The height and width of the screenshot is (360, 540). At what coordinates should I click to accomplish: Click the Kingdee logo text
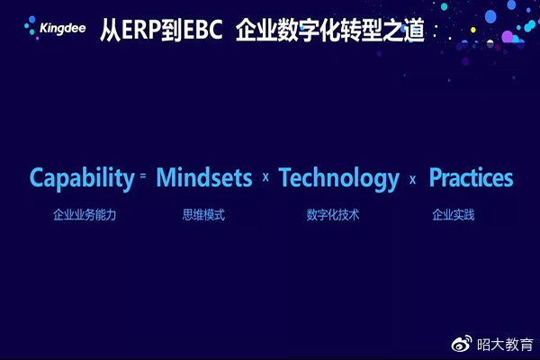pyautogui.click(x=63, y=29)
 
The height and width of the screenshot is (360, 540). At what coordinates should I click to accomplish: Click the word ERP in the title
pyautogui.click(x=141, y=30)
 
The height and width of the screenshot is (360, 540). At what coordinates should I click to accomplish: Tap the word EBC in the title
pyautogui.click(x=202, y=30)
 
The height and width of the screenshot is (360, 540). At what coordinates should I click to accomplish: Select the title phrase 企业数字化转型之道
pyautogui.click(x=330, y=31)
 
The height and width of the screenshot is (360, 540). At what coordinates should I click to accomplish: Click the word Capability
pyautogui.click(x=82, y=178)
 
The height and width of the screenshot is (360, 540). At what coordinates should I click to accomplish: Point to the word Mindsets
pyautogui.click(x=204, y=177)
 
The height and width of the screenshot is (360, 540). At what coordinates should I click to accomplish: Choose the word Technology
pyautogui.click(x=339, y=178)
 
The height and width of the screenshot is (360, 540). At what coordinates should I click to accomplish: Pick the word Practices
pyautogui.click(x=471, y=177)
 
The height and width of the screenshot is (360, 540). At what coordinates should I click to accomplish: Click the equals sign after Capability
pyautogui.click(x=143, y=175)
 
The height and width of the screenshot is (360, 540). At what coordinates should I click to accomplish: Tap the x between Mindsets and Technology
pyautogui.click(x=265, y=177)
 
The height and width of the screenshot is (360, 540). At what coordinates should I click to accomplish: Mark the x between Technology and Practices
pyautogui.click(x=412, y=179)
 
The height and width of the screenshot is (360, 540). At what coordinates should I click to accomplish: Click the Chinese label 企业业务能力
pyautogui.click(x=85, y=215)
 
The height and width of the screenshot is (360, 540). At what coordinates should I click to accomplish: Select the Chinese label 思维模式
pyautogui.click(x=203, y=215)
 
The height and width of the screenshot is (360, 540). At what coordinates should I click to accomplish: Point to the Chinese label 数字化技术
pyautogui.click(x=333, y=215)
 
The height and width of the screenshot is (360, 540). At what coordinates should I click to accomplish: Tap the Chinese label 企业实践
pyautogui.click(x=454, y=215)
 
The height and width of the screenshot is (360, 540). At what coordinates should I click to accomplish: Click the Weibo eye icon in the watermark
pyautogui.click(x=462, y=344)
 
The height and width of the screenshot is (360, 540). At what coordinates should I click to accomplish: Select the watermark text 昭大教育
pyautogui.click(x=505, y=345)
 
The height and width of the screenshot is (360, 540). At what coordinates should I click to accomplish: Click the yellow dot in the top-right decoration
pyautogui.click(x=473, y=30)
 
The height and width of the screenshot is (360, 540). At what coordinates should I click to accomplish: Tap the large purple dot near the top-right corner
pyautogui.click(x=508, y=37)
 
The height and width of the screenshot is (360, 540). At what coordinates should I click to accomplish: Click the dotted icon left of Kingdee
pyautogui.click(x=31, y=27)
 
